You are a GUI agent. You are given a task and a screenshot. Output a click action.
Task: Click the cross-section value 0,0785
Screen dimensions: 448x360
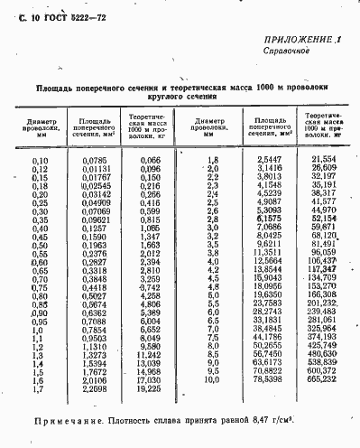pyautogui.click(x=94, y=160)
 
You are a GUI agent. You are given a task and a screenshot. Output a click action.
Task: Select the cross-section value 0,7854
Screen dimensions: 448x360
pyautogui.click(x=94, y=331)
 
